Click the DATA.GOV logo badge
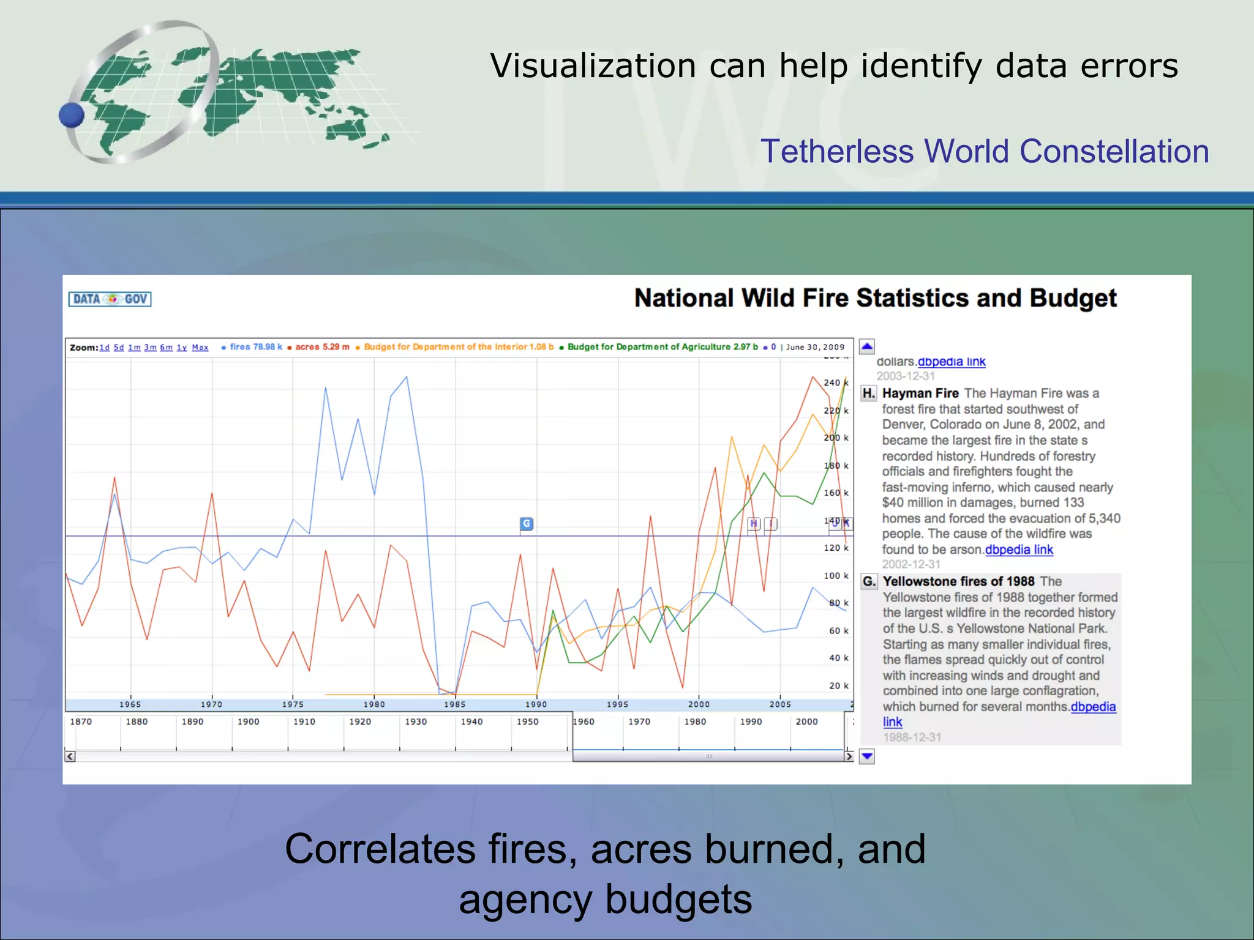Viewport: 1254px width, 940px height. point(110,299)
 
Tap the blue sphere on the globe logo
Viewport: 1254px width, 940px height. point(72,115)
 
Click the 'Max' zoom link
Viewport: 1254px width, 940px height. point(200,348)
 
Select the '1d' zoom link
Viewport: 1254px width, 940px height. point(105,348)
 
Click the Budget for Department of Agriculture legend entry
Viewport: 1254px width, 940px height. point(661,347)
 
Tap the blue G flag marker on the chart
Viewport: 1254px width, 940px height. point(526,524)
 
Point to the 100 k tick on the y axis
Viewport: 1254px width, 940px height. point(836,576)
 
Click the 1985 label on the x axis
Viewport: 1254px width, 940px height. point(455,704)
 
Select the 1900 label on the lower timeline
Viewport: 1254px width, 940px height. point(248,722)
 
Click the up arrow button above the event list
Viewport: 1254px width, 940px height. point(867,347)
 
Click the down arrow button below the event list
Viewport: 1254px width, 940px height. point(867,757)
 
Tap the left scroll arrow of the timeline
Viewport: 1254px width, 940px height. point(70,757)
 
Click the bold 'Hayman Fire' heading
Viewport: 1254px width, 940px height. point(920,394)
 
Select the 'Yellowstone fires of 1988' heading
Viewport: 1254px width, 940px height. point(958,581)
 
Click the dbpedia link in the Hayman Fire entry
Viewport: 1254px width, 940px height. point(1019,550)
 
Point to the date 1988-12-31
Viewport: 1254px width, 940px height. point(912,737)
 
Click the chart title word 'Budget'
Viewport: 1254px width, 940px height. point(1073,299)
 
